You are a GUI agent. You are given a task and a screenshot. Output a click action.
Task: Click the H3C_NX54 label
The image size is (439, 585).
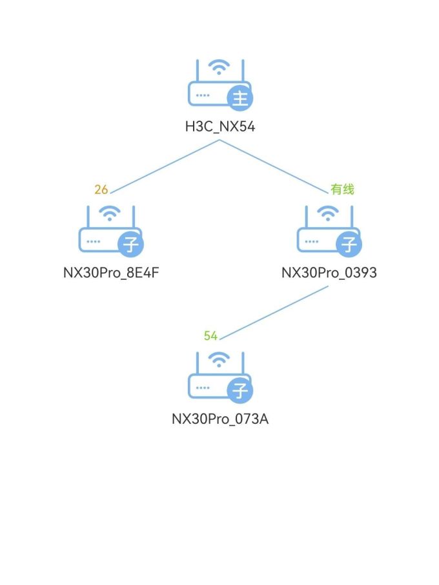pos(220,127)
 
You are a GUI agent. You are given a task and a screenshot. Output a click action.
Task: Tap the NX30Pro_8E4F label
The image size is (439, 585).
pos(111,273)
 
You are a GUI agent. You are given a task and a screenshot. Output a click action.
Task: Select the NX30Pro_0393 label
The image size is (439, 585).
pos(329,273)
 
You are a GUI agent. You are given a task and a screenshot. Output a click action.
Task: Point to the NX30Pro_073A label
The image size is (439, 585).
pos(220,419)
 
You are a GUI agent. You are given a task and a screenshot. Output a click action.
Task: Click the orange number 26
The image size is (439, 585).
pos(101,190)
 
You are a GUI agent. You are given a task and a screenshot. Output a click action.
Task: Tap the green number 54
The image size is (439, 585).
pos(210,336)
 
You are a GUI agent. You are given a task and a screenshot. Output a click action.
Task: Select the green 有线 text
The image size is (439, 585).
pos(342,190)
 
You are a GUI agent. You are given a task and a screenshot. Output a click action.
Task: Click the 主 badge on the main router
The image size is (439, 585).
pos(240,99)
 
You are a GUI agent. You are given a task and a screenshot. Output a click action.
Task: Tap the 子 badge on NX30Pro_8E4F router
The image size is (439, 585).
pos(131,245)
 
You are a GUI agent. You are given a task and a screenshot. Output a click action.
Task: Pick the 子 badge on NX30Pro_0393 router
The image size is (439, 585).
pos(349,245)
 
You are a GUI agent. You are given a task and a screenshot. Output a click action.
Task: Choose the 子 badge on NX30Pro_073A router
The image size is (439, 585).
pos(240,391)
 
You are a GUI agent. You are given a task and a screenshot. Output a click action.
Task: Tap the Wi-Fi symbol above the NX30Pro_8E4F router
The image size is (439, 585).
pos(111,213)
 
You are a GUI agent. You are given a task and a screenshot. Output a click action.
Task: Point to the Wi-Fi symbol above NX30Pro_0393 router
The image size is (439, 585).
pos(329,213)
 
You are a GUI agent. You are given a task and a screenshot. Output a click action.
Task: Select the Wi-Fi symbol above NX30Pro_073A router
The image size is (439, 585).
pos(220,359)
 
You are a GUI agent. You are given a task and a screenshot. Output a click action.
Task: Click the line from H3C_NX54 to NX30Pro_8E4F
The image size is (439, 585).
pos(165,166)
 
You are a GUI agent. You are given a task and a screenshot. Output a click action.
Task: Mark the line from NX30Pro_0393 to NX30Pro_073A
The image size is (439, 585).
pos(274,312)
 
